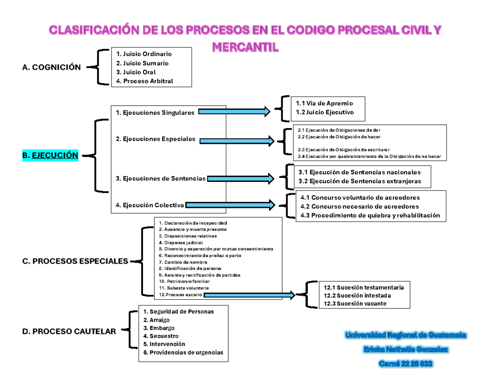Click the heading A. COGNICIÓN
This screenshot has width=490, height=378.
51,67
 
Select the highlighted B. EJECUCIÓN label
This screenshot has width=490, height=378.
50,155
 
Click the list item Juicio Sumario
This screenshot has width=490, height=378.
142,63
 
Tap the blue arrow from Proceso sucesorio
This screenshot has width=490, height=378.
249,294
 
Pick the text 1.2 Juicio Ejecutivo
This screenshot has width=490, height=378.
325,112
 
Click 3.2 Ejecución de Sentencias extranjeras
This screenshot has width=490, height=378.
359,181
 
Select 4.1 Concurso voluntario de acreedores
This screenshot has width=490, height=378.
360,197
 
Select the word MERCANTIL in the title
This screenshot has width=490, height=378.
245,47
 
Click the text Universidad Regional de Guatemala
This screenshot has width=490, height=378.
407,336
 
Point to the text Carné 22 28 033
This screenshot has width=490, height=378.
406,364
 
